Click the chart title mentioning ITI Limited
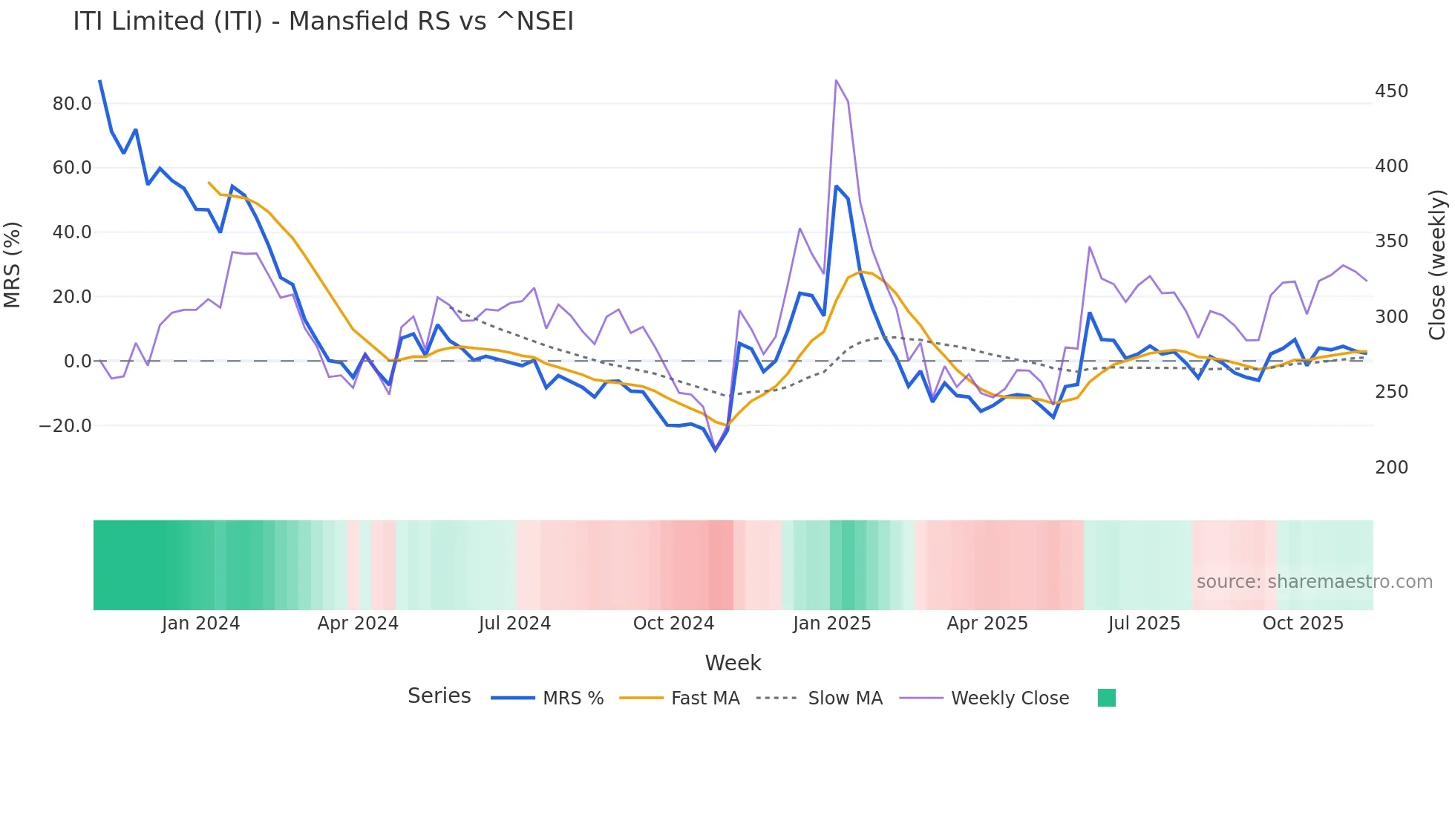[323, 22]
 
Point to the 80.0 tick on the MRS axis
[71, 104]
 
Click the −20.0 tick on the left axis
[65, 426]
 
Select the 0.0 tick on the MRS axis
[77, 361]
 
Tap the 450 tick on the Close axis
[1391, 91]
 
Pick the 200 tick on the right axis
[1391, 468]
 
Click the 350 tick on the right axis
[1391, 241]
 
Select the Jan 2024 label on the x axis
[200, 624]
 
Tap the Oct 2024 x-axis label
[673, 624]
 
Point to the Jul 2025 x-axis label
[1144, 624]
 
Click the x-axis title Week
[733, 663]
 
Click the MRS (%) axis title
[13, 265]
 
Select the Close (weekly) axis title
[1438, 265]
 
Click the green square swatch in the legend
[1106, 698]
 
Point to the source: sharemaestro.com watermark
[1314, 582]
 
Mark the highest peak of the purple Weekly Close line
[836, 80]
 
